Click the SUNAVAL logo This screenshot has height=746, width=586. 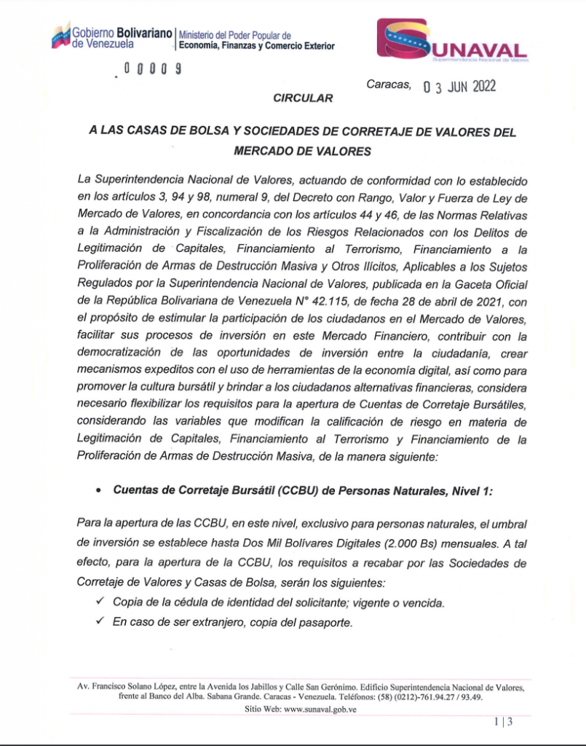coord(452,42)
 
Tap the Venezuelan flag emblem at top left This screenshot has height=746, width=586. coord(60,35)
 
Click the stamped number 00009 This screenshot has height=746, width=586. coord(152,69)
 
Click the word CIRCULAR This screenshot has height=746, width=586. coord(303,97)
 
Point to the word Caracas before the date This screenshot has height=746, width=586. coord(388,85)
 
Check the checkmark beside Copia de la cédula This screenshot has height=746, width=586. coord(100,601)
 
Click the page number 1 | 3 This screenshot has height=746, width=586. coord(503,722)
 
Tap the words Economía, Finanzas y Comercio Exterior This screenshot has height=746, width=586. coord(257,46)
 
